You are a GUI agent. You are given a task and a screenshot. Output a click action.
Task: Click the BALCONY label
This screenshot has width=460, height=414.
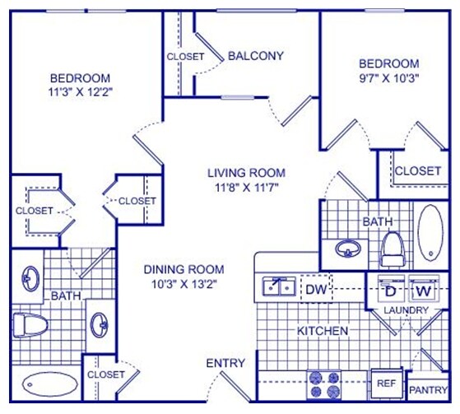pos(255,56)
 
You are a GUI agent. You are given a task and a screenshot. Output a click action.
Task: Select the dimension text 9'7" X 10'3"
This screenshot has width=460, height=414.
pos(389,79)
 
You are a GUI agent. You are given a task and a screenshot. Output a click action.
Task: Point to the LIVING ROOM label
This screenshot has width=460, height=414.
pos(246,173)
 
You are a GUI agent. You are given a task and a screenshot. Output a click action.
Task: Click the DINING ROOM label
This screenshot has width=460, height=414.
pos(184,269)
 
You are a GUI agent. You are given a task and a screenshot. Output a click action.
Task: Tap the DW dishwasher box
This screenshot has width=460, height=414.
pos(315,289)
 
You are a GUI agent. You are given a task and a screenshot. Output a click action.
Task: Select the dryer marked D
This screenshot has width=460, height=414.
pos(388,289)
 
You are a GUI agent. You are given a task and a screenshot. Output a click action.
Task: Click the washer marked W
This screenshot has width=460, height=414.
pos(423,289)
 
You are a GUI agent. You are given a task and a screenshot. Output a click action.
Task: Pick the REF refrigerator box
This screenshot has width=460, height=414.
pos(386,383)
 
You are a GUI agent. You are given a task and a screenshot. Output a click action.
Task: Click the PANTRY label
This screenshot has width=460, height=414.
pos(428,390)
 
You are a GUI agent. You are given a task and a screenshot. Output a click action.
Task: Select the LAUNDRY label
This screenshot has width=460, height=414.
pos(405,310)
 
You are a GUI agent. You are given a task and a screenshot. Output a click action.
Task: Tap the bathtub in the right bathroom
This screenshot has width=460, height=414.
pos(430,233)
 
